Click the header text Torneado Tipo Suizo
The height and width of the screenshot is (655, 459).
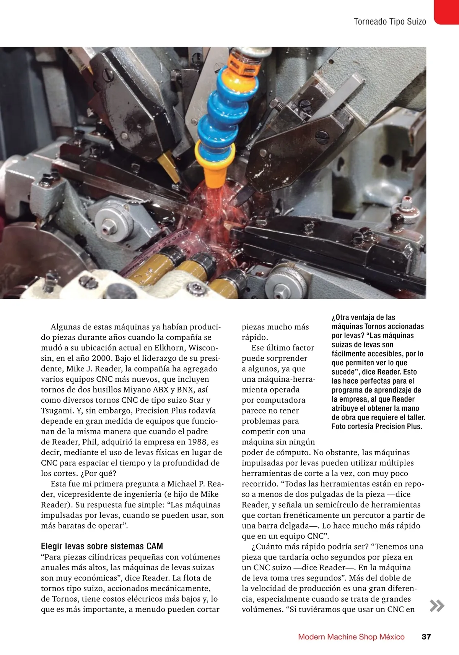390,22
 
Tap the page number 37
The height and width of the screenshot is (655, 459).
426,637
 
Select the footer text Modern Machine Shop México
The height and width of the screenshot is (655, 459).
351,637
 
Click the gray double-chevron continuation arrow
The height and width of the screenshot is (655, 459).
437,606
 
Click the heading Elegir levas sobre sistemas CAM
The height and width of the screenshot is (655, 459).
102,546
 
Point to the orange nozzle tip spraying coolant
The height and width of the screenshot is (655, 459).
214,172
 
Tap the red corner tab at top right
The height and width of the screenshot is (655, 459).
447,11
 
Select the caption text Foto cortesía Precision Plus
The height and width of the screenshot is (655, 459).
377,426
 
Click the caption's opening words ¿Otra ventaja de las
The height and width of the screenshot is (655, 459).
363,318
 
